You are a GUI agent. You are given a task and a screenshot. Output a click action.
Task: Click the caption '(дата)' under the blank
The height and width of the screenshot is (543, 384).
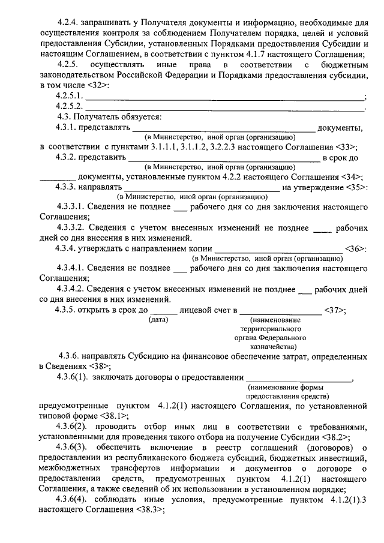coord(158,320)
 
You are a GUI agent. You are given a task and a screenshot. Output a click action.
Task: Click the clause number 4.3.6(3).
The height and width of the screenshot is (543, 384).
coord(74,447)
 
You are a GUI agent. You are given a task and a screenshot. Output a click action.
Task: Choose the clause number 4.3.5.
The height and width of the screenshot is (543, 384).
coord(68,310)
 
